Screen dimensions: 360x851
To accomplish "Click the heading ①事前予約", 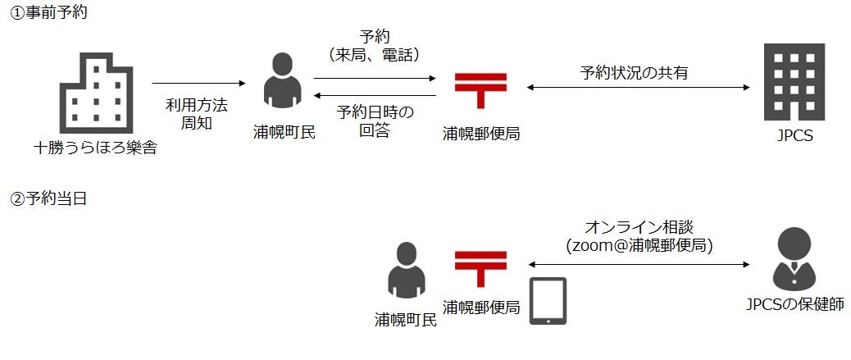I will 48,13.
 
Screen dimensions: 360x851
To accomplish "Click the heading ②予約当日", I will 48,199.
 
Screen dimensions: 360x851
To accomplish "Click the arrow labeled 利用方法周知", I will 199,83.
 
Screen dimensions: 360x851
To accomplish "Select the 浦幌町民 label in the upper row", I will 283,133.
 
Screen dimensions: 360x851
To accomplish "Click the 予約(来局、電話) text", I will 374,46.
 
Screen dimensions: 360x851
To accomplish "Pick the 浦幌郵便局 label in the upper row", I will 480,133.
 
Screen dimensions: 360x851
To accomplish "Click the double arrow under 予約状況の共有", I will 639,87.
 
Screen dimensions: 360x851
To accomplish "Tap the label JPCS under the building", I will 794,136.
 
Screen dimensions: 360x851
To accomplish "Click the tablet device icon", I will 547,301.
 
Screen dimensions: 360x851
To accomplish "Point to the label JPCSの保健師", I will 794,305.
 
